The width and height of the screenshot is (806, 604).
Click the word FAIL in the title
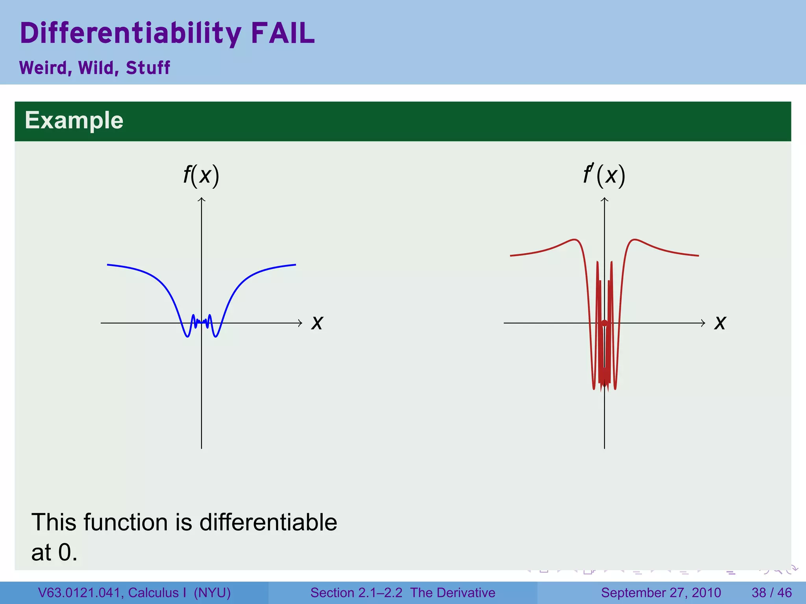click(283, 33)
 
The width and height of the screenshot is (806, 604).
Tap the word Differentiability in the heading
click(130, 33)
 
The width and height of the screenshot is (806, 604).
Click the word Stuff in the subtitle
click(148, 68)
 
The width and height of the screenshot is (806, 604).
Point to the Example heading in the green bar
click(74, 120)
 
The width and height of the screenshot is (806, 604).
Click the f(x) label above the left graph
click(201, 175)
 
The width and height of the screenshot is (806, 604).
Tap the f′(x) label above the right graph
click(604, 175)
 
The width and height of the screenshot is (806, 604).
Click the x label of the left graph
click(317, 323)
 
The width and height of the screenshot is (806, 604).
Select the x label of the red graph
click(720, 323)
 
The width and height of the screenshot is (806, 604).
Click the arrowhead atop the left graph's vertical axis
click(201, 200)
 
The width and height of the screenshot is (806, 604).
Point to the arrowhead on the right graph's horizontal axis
click(703, 323)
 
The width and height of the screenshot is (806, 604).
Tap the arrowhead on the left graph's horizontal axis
click(300, 323)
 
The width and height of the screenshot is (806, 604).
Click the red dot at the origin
click(604, 323)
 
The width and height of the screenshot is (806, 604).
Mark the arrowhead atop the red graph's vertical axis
click(604, 200)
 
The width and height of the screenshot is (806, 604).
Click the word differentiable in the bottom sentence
click(268, 522)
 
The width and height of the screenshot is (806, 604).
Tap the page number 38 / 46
click(771, 593)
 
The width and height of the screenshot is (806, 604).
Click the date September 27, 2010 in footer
click(661, 593)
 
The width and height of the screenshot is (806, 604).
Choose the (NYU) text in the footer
click(212, 593)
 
